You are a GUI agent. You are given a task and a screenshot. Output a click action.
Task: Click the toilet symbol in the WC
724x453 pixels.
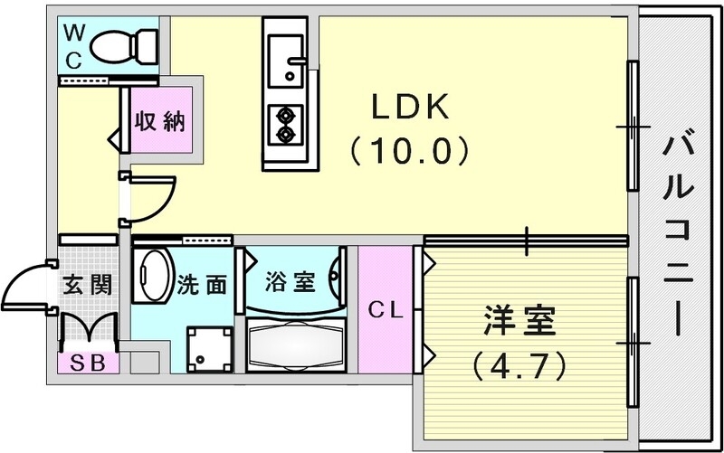click(x=126, y=43)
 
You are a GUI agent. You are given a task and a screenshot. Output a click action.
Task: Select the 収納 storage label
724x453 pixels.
click(x=161, y=122)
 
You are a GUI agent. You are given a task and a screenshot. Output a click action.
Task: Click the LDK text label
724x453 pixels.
click(x=408, y=108)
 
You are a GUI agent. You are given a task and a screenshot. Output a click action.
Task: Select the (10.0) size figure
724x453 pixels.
click(x=409, y=149)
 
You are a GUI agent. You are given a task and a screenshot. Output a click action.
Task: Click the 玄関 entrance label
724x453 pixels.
click(x=88, y=285)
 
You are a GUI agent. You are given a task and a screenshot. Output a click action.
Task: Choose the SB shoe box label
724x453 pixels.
click(x=87, y=363)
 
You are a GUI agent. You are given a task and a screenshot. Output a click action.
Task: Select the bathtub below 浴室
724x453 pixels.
click(x=295, y=343)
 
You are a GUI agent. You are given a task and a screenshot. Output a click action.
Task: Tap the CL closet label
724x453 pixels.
click(x=385, y=310)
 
